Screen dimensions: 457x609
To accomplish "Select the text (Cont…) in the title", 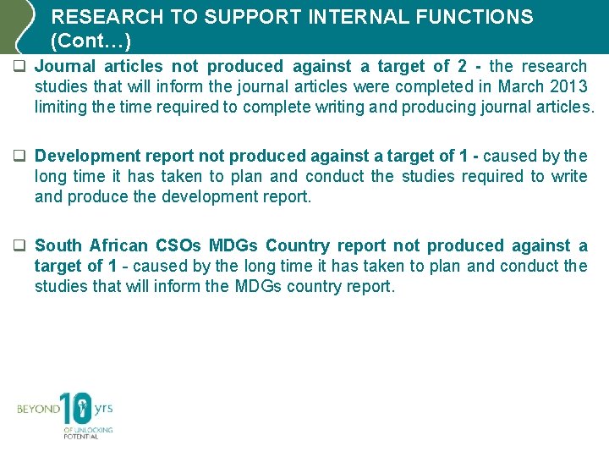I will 91,40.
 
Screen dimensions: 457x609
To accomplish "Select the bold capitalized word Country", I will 298,246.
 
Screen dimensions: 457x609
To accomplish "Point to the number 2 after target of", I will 463,67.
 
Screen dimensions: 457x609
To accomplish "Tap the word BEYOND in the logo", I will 39,410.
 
